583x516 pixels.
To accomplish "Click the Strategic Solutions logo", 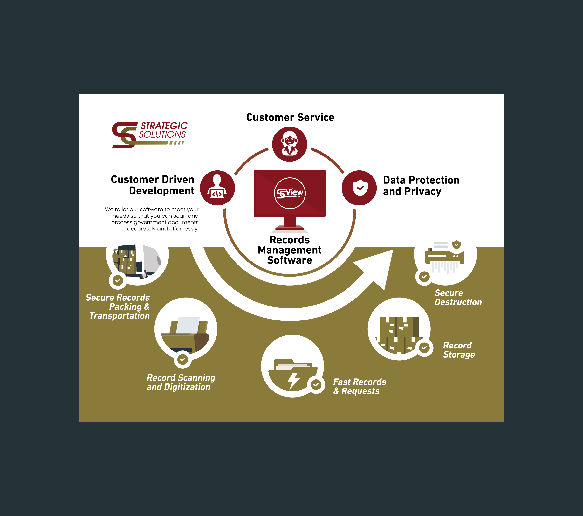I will click(x=149, y=134).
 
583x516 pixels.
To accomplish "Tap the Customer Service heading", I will click(x=290, y=117).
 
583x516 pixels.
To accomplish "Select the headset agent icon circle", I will click(x=290, y=144).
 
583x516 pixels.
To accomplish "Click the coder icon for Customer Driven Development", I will click(x=217, y=188).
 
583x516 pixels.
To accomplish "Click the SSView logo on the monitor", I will click(x=290, y=193).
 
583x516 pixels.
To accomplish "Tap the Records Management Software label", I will click(x=290, y=250).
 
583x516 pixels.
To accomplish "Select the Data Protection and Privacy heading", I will click(x=421, y=185).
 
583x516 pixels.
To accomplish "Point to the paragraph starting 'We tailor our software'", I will click(x=152, y=219).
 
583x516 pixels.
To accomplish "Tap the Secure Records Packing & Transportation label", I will click(x=118, y=307).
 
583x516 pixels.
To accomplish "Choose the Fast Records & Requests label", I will click(x=359, y=387).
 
